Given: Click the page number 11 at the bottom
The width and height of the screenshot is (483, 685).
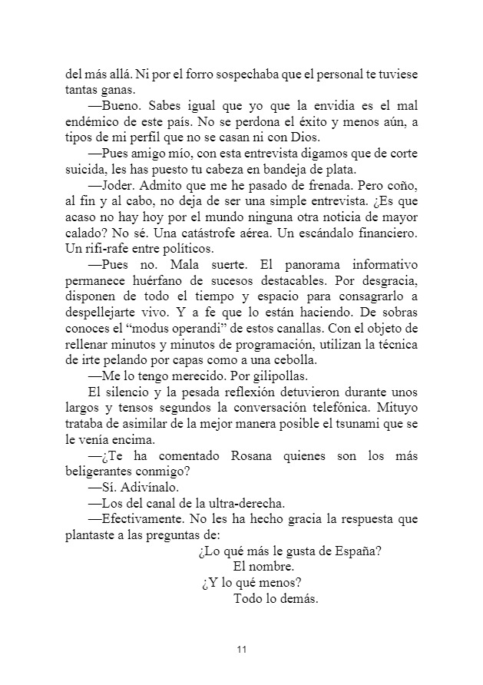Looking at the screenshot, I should tap(241, 650).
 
